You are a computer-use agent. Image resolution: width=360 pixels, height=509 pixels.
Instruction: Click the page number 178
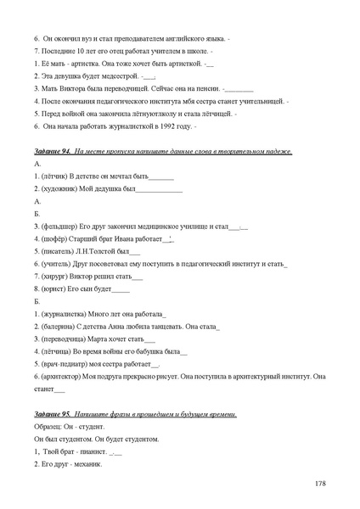coord(319,484)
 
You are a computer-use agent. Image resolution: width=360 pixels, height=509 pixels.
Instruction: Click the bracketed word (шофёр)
coord(55,239)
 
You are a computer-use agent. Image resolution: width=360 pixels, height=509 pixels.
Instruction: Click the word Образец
coord(50,426)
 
